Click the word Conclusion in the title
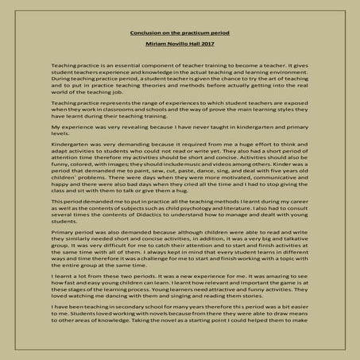pos(145,33)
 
